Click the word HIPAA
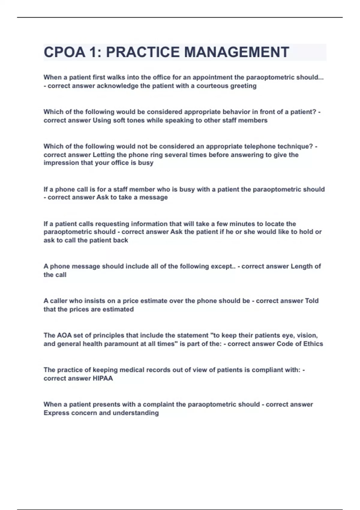coord(103,378)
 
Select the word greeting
coord(243,86)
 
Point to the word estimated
coord(118,309)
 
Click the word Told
coord(312,301)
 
